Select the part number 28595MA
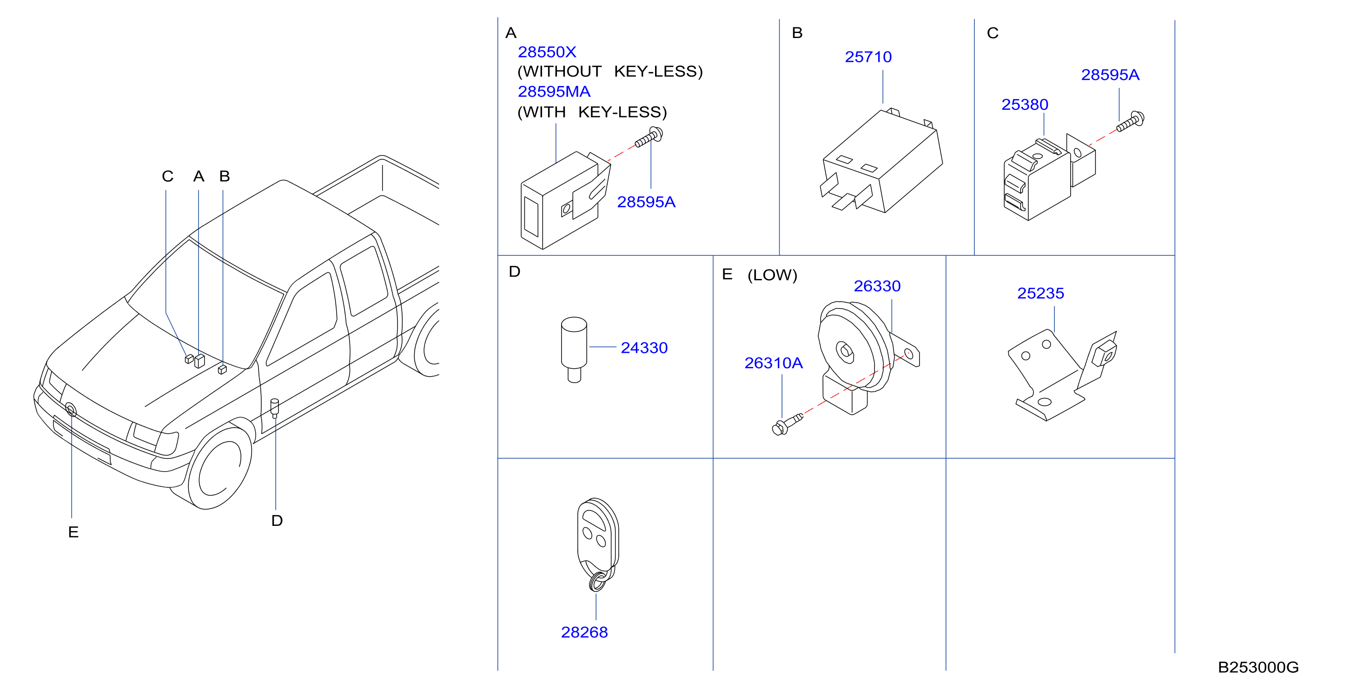coord(554,91)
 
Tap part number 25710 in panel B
coord(868,57)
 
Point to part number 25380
coord(1025,105)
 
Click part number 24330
coord(644,347)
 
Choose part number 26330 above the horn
coord(877,286)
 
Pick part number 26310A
coord(774,363)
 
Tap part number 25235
coord(1040,293)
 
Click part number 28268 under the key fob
coord(584,632)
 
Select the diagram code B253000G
coord(1258,667)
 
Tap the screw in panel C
coord(1131,122)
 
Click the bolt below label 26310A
coord(788,424)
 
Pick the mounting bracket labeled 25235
coord(1062,375)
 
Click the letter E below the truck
coord(73,532)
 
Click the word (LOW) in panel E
coord(772,275)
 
